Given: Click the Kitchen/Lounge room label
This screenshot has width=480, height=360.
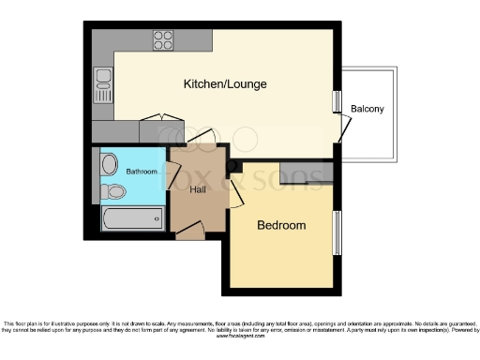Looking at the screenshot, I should pyautogui.click(x=225, y=84).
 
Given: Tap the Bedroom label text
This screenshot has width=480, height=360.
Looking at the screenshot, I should pyautogui.click(x=281, y=226).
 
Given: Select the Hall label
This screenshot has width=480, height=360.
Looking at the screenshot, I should pyautogui.click(x=197, y=189).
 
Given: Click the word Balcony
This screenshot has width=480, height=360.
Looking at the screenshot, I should pyautogui.click(x=367, y=109).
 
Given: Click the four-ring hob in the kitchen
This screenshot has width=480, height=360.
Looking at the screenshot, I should pyautogui.click(x=163, y=39).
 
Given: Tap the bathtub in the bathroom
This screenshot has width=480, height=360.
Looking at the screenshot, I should pyautogui.click(x=132, y=219).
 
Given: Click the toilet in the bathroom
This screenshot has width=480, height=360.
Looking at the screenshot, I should pyautogui.click(x=112, y=192).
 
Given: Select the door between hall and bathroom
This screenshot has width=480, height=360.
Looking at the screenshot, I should pyautogui.click(x=172, y=175).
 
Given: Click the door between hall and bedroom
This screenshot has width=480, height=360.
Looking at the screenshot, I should pyautogui.click(x=235, y=195).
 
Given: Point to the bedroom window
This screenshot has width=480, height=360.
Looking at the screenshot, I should pyautogui.click(x=337, y=232).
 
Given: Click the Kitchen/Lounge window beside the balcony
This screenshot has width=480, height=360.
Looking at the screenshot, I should pyautogui.click(x=337, y=101).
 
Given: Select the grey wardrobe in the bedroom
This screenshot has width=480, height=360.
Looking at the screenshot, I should pyautogui.click(x=307, y=173).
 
